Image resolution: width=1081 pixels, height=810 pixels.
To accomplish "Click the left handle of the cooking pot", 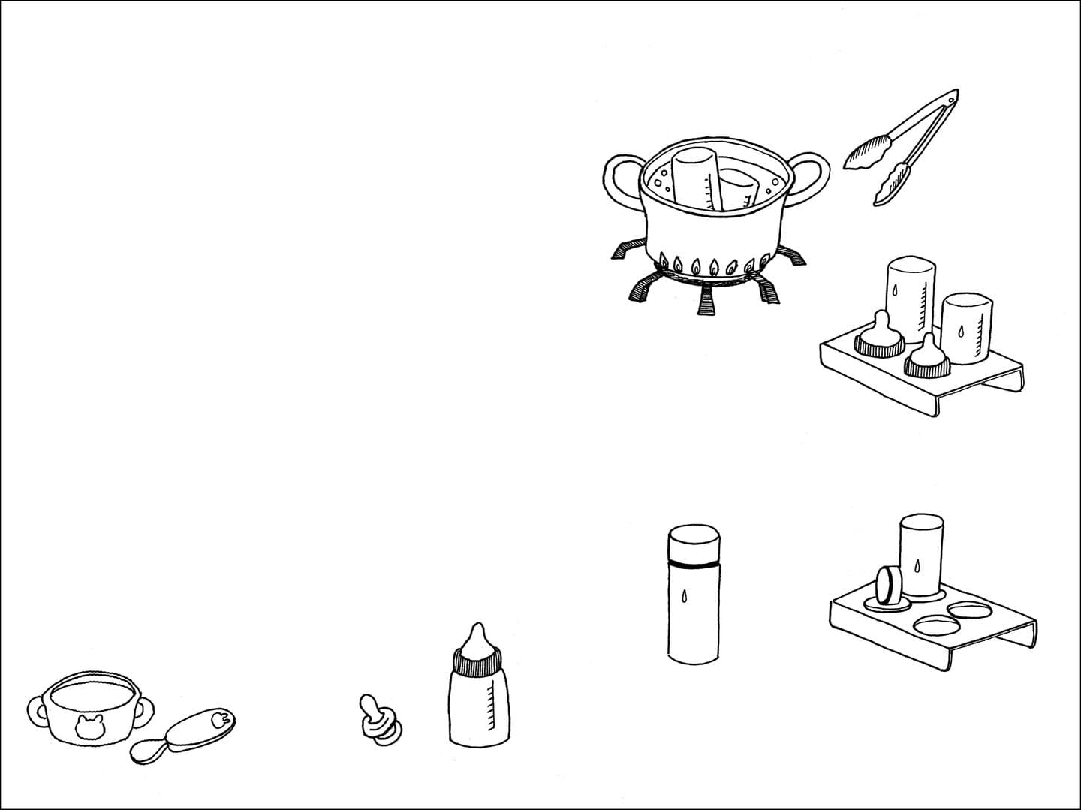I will [x=619, y=178].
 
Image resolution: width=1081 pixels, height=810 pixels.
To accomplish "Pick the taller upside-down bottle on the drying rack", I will [x=911, y=296].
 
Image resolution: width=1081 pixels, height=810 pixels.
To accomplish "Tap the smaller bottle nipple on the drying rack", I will [x=928, y=358].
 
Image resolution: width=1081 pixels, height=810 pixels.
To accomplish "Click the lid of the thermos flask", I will [x=694, y=544].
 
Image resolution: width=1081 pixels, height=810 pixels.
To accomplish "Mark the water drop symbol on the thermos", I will [x=682, y=596].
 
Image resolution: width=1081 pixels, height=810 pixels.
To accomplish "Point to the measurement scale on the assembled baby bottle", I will [x=492, y=709].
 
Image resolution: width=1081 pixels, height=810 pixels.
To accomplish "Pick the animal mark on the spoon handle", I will [x=218, y=719].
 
